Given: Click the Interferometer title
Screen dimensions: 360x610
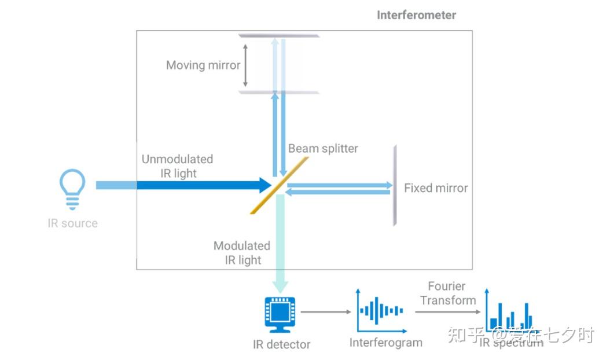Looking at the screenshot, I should pyautogui.click(x=416, y=15).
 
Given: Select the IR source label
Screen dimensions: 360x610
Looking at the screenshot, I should pyautogui.click(x=72, y=223).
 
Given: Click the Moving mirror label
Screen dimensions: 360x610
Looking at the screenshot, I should pyautogui.click(x=203, y=65).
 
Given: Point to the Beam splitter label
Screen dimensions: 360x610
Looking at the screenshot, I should pyautogui.click(x=323, y=149).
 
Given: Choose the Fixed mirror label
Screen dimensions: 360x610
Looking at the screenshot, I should pyautogui.click(x=436, y=188).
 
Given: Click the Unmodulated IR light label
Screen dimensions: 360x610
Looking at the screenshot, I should pyautogui.click(x=177, y=166).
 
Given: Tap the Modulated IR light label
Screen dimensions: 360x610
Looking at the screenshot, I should pyautogui.click(x=242, y=253).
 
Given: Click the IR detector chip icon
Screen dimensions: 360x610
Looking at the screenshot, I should pyautogui.click(x=281, y=313).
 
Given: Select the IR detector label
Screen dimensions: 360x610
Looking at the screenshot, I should pyautogui.click(x=281, y=344).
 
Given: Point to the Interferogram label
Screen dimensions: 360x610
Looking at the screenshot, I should pyautogui.click(x=385, y=343).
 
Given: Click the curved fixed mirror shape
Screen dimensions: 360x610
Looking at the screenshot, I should pyautogui.click(x=395, y=186).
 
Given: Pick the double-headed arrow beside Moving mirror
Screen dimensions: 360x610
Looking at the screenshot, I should pyautogui.click(x=245, y=65).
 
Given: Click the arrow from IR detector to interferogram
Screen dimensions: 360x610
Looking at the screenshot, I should pyautogui.click(x=326, y=312).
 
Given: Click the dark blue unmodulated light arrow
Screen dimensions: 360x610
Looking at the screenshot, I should pyautogui.click(x=203, y=185).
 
